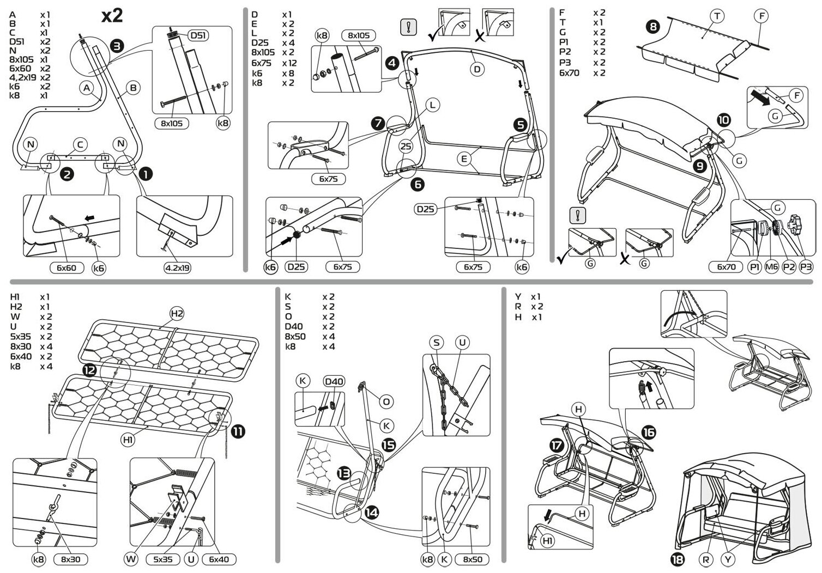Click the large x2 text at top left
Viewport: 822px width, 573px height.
(x=112, y=16)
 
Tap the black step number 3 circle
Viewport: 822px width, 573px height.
(x=117, y=46)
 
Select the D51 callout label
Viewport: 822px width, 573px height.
(x=198, y=36)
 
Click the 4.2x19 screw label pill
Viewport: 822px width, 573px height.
(x=177, y=267)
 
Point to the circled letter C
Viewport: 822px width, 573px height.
(x=80, y=145)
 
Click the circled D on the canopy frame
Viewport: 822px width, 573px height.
(x=478, y=69)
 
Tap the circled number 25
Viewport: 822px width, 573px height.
(x=406, y=145)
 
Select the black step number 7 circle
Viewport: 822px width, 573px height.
(x=378, y=123)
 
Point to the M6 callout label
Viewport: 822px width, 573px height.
(x=771, y=267)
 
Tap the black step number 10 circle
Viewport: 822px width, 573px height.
(x=724, y=120)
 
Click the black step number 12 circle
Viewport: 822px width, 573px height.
(x=90, y=370)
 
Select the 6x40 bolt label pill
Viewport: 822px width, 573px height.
(x=219, y=559)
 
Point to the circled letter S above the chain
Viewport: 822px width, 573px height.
(x=437, y=342)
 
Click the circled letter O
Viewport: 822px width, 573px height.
(x=385, y=402)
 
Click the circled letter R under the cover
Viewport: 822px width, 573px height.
(x=706, y=558)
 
